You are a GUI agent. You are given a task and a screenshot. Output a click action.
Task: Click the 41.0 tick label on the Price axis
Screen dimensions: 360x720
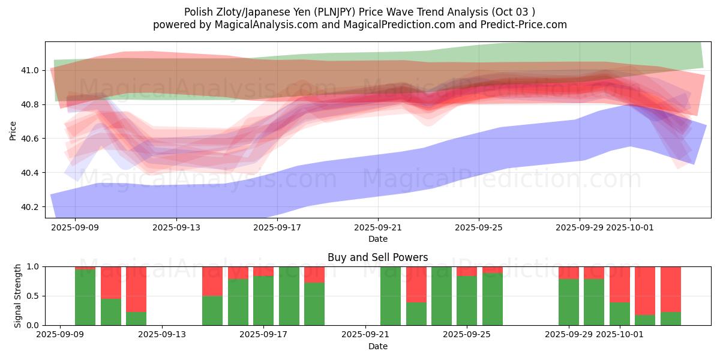[x=30, y=70]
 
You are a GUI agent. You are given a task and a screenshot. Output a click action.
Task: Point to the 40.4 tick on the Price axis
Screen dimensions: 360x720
[x=30, y=173]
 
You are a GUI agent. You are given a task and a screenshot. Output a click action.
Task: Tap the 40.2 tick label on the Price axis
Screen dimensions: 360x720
[x=30, y=207]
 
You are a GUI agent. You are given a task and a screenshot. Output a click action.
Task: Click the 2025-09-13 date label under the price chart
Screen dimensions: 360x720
[x=176, y=228]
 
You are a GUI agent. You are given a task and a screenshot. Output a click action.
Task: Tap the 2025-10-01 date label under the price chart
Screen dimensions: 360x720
[x=630, y=228]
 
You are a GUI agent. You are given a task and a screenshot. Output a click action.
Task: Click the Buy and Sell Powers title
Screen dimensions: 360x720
[x=377, y=257]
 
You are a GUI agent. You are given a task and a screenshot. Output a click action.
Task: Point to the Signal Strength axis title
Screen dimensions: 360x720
[x=18, y=296]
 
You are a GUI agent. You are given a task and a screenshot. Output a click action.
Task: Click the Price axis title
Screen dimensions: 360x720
[x=13, y=130]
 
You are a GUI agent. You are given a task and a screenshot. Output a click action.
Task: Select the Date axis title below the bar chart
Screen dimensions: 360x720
[x=377, y=346]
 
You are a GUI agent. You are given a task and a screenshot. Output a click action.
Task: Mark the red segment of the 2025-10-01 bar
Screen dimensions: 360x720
[x=620, y=284]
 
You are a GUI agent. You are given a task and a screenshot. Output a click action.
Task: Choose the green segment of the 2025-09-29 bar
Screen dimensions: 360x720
[x=569, y=302]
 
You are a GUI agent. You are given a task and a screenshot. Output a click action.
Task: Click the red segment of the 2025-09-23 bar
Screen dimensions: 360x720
[x=416, y=284]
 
